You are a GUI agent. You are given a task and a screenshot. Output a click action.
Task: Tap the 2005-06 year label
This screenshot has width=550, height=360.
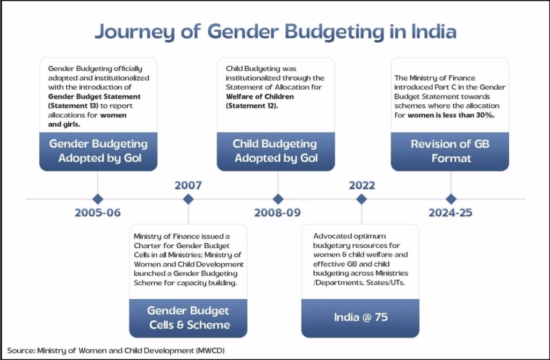pos(98,213)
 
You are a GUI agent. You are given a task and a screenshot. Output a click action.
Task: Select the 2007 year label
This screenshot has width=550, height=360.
pos(188,186)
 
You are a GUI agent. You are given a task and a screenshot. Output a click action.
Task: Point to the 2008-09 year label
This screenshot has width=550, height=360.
pos(278,213)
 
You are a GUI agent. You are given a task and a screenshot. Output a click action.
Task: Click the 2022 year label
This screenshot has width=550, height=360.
pos(361,186)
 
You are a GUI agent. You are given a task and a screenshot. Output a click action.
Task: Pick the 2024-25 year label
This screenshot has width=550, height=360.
pos(451,213)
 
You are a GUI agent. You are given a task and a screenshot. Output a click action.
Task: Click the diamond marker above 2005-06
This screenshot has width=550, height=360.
pos(98,199)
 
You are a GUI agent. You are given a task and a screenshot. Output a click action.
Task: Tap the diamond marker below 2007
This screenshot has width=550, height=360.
pos(188,199)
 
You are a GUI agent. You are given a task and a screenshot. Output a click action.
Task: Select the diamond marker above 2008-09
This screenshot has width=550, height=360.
pos(278,199)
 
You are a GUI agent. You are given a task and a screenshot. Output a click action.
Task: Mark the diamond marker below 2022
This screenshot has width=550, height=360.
pos(361,199)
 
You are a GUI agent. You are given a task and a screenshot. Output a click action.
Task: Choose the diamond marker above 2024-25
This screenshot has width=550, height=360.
pos(451,199)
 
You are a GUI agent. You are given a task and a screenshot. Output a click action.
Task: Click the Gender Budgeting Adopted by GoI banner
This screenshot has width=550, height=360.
pos(98,151)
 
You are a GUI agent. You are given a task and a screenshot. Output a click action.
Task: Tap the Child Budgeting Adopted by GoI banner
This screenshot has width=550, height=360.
pos(276,151)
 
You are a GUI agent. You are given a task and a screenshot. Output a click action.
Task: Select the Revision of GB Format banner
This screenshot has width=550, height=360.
pos(450,151)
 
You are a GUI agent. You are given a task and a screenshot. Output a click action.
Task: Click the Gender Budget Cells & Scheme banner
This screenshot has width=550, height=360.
pos(189,318)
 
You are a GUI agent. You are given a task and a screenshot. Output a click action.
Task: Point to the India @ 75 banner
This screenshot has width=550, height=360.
pos(360,317)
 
